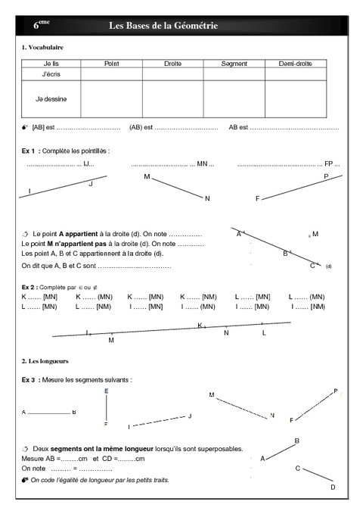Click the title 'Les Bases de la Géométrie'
[163, 26]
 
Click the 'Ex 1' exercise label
[30, 151]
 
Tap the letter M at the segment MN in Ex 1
[147, 176]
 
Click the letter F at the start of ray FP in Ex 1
[257, 198]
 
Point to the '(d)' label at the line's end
[328, 267]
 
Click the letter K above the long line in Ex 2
[200, 325]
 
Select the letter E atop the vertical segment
[106, 391]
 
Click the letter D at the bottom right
[333, 487]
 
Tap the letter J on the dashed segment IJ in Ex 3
[190, 416]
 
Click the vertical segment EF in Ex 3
[106, 408]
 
